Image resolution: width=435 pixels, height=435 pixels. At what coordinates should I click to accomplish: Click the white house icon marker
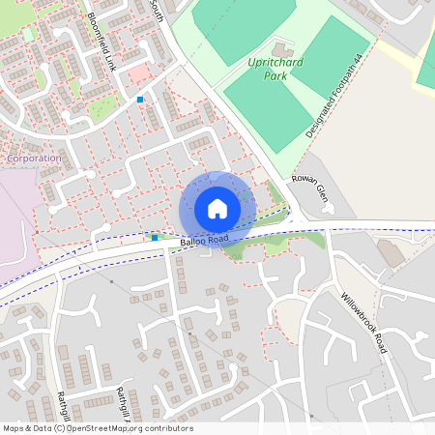[217, 208]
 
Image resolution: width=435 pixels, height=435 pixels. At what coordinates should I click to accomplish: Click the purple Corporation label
[33, 158]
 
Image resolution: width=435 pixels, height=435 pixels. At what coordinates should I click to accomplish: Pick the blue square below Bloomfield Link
[140, 100]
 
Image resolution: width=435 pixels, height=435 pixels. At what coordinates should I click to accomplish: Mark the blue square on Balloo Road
[155, 237]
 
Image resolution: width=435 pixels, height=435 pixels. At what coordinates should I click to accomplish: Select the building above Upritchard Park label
[281, 48]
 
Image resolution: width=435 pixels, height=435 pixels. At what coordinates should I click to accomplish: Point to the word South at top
[157, 11]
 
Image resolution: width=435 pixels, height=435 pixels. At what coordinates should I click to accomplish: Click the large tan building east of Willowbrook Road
[391, 253]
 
